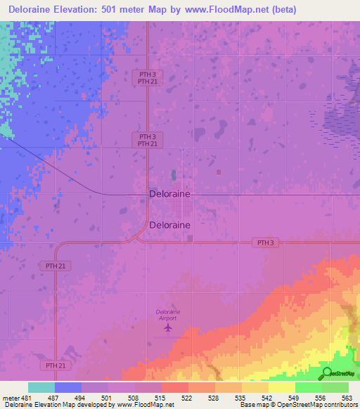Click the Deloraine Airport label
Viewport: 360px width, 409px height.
click(168, 314)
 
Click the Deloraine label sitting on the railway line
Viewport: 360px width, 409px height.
click(169, 194)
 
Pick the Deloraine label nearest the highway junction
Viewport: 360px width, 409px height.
click(169, 225)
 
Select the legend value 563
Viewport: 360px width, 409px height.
click(347, 397)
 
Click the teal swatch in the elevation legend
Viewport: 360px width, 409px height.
click(41, 387)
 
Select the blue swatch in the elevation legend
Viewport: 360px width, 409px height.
click(68, 387)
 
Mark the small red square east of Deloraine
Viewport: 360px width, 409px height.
click(219, 172)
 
